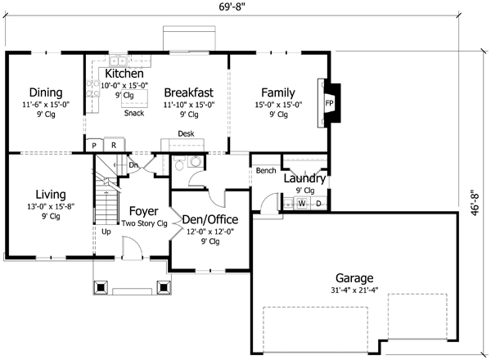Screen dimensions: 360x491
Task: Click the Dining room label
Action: (x=46, y=92)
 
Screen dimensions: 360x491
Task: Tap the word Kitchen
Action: (x=124, y=74)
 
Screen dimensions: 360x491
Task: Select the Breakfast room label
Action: (x=189, y=92)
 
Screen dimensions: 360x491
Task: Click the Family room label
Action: (x=277, y=92)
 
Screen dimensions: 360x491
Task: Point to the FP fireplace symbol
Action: (x=329, y=104)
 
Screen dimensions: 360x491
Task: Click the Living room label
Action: (x=50, y=194)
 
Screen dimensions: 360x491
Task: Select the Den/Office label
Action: (x=209, y=219)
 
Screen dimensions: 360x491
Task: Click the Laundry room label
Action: (x=305, y=178)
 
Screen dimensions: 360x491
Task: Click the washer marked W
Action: (x=300, y=203)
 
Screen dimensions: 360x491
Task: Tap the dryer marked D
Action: (x=318, y=203)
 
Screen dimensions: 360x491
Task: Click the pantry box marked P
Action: (x=95, y=146)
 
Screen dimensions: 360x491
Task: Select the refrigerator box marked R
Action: (x=114, y=146)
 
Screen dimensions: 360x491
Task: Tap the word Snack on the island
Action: (x=134, y=113)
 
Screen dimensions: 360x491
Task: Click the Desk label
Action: (x=186, y=133)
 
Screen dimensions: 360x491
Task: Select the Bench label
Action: (x=265, y=171)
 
